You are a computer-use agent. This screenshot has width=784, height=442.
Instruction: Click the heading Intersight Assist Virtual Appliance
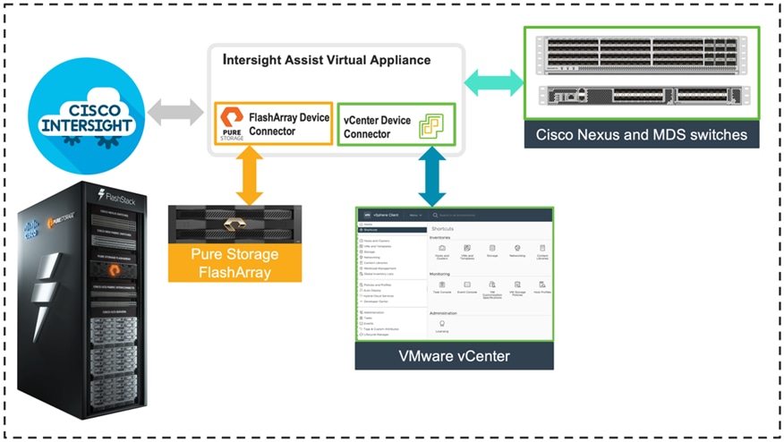click(x=326, y=61)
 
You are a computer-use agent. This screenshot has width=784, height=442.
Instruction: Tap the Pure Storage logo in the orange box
click(x=231, y=123)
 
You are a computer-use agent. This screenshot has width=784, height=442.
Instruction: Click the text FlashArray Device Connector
click(x=288, y=123)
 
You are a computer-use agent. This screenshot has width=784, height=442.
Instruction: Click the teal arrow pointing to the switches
click(x=495, y=83)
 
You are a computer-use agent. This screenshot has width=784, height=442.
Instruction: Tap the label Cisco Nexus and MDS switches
click(x=642, y=134)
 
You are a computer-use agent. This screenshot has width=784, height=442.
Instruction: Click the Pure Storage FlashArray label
click(x=235, y=262)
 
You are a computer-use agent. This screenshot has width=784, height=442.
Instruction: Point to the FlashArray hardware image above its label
click(x=235, y=224)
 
